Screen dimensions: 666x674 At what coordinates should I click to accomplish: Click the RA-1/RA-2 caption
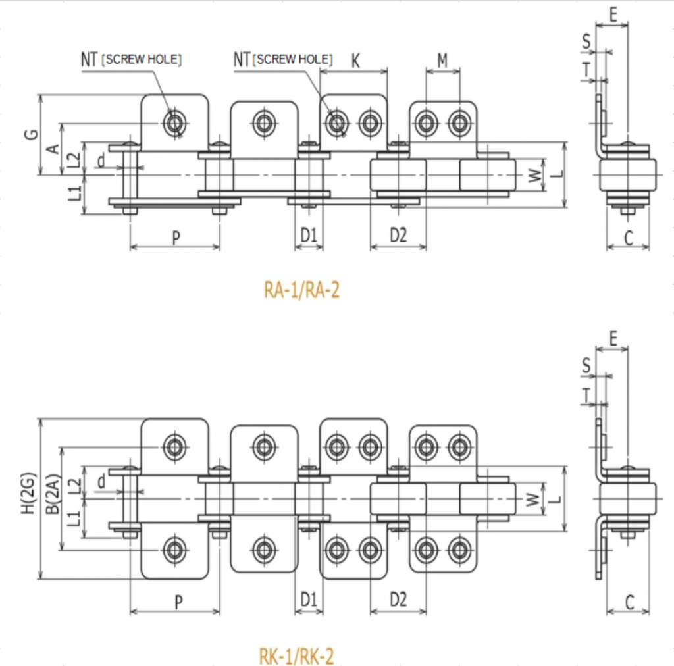[301, 290]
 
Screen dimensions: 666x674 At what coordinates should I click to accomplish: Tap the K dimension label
[355, 61]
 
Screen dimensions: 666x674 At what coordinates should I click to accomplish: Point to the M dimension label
[442, 61]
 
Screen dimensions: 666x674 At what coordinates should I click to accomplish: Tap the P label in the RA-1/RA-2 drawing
[176, 237]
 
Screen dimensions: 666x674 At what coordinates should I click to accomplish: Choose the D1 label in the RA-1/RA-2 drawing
[309, 236]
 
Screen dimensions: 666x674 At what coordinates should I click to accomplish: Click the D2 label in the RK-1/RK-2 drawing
[398, 600]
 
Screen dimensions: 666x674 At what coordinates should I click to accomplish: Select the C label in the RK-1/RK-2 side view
[629, 602]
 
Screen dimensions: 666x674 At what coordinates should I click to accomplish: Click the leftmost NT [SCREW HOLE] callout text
[131, 60]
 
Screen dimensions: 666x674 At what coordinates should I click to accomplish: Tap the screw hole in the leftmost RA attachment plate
[175, 122]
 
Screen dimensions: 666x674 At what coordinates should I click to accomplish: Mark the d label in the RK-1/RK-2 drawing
[101, 482]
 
